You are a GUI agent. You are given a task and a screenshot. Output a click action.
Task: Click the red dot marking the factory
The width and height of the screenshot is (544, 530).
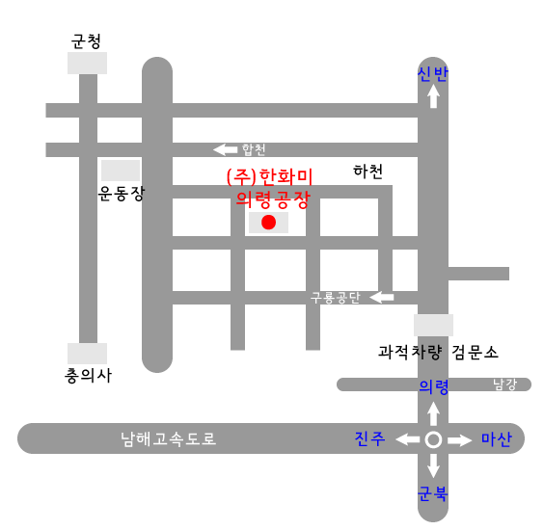tap(268, 223)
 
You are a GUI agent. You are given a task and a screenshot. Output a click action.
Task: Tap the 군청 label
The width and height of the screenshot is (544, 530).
tap(86, 41)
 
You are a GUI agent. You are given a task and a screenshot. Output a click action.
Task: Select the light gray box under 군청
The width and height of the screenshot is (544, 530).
tap(87, 63)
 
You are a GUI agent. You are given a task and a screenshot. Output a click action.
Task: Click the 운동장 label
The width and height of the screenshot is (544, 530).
tap(122, 194)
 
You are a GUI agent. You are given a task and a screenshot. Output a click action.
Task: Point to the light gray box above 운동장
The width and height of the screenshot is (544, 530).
tap(121, 171)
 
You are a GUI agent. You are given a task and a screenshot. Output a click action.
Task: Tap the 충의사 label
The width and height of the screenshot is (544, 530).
tap(88, 376)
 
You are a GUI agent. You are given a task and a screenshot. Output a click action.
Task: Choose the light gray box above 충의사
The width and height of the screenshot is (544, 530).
tap(87, 354)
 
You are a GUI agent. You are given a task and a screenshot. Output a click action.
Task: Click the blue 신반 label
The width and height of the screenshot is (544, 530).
tap(433, 74)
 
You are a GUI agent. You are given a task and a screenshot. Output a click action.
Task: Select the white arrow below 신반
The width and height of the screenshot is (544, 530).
tap(433, 96)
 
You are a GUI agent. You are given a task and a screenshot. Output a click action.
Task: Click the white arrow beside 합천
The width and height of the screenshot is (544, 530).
tap(225, 149)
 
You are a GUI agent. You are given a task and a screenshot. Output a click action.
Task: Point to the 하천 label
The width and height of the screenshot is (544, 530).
tap(367, 172)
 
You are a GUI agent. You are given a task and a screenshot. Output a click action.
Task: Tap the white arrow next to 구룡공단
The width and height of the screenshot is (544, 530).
tap(382, 297)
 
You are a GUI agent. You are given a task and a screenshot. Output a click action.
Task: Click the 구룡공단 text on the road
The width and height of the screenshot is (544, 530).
tap(336, 298)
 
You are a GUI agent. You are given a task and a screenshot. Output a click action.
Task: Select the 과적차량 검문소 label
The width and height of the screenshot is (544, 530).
tap(438, 353)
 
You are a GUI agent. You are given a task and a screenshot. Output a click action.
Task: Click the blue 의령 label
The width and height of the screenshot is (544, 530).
tap(434, 386)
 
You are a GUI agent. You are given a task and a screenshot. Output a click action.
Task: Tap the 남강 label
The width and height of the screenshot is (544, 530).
tap(505, 384)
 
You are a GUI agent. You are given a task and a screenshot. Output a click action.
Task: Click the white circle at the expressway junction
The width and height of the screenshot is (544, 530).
tap(433, 439)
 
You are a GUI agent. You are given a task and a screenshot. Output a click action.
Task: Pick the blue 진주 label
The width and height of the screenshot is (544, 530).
tap(369, 438)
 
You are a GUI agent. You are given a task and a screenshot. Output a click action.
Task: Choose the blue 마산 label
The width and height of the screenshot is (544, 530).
tap(497, 439)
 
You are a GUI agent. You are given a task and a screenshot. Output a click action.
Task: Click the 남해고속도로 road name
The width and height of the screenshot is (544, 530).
tap(168, 438)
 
